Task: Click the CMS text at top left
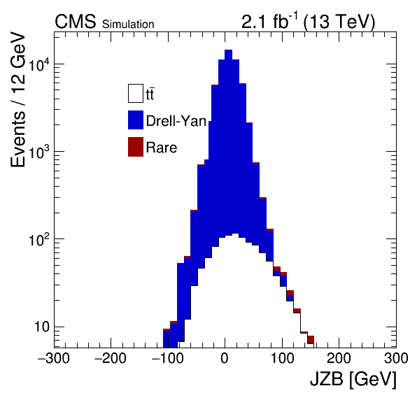click(x=76, y=22)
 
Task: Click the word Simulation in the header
click(x=128, y=24)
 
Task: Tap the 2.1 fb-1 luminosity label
click(x=269, y=21)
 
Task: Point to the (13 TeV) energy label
click(x=339, y=22)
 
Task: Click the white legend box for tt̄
click(x=136, y=93)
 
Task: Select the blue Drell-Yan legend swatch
click(x=136, y=120)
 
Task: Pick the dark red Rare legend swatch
click(x=136, y=147)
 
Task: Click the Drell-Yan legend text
click(x=176, y=121)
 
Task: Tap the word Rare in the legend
click(x=162, y=148)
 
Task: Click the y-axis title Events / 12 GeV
click(x=17, y=99)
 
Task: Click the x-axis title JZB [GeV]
click(x=353, y=378)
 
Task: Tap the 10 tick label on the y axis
click(x=42, y=327)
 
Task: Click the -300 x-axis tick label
click(x=54, y=358)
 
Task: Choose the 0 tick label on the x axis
click(x=225, y=358)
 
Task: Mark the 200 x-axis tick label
click(x=339, y=358)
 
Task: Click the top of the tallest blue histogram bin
click(x=229, y=50)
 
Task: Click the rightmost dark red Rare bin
click(x=311, y=340)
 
